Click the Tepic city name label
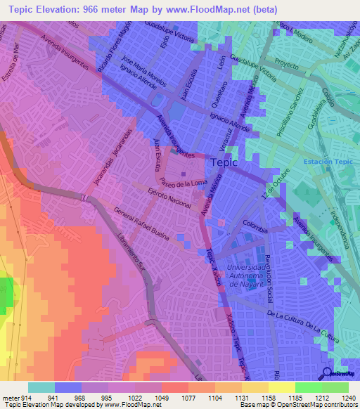(224, 163)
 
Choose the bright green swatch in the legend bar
(308, 387)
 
